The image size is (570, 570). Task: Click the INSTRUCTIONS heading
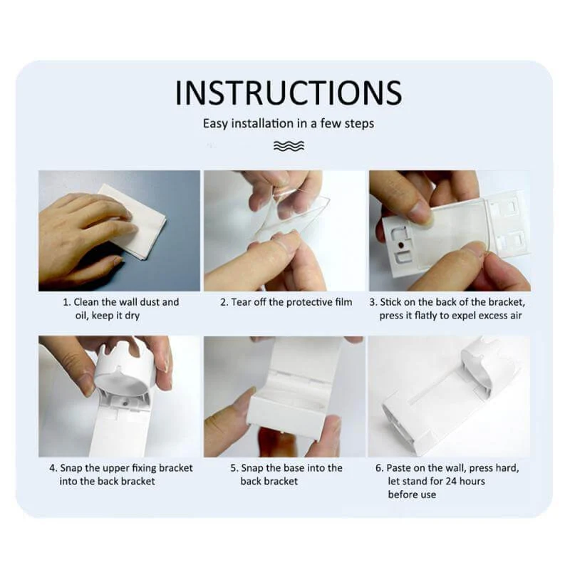(289, 93)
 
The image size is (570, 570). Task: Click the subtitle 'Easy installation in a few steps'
(289, 123)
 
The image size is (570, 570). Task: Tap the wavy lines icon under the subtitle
(289, 145)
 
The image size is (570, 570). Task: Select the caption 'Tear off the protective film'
(291, 302)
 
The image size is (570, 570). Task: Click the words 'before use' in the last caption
(412, 494)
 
